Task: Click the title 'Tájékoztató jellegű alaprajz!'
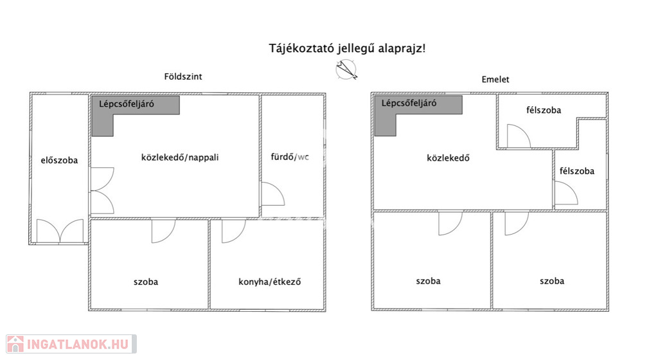point(347,49)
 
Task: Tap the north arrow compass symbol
point(346,69)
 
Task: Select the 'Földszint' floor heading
point(183,76)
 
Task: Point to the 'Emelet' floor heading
point(495,79)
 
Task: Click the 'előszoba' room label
point(59,160)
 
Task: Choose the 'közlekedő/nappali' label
point(180,157)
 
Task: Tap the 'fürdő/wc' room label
point(290,157)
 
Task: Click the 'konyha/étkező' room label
point(270,282)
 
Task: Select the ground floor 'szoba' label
point(146,282)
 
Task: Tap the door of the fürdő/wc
point(272,194)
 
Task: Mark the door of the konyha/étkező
point(233,231)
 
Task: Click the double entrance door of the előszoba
point(60,231)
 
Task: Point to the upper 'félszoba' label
point(544,111)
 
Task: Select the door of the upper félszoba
point(519,136)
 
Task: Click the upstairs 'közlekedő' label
point(448,158)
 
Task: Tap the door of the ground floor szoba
point(163,231)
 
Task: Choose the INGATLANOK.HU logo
point(71,344)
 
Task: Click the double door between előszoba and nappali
point(102,190)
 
